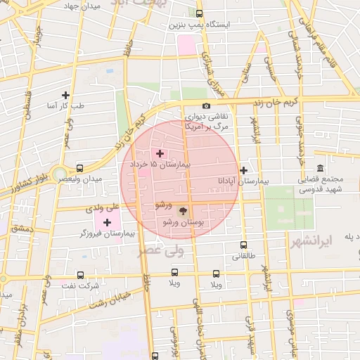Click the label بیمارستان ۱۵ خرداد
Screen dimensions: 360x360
[x=161, y=163]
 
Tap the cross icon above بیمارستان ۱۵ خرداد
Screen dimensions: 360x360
[x=160, y=153]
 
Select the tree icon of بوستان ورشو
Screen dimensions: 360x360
[x=184, y=210]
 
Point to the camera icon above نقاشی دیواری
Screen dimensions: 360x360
[x=206, y=105]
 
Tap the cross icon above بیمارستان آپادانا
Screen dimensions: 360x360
[x=243, y=170]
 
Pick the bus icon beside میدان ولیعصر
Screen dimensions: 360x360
[x=79, y=169]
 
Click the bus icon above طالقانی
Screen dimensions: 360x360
[x=243, y=245]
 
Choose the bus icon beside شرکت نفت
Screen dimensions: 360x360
[x=80, y=275]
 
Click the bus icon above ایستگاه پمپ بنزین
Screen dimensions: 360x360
[x=200, y=13]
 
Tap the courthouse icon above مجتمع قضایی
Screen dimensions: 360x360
[x=321, y=168]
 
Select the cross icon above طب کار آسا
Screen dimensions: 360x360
[x=65, y=95]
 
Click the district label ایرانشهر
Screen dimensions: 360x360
[x=314, y=242]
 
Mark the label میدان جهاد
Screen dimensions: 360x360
[x=82, y=6]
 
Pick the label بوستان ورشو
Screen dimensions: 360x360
[x=184, y=221]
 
